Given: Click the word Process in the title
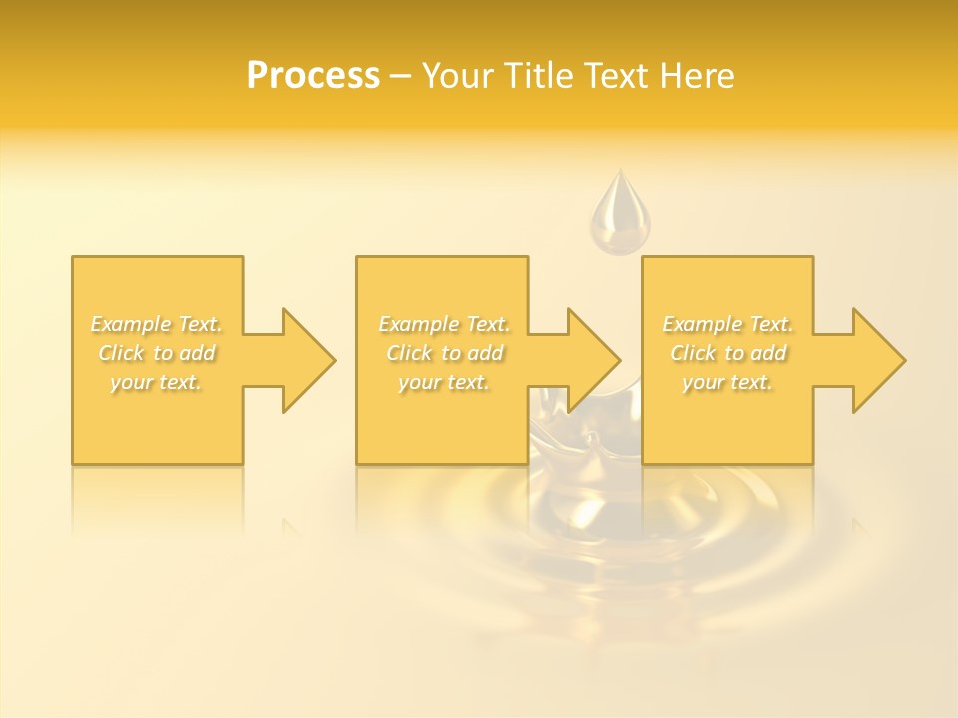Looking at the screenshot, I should (313, 75).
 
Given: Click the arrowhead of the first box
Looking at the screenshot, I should (304, 360).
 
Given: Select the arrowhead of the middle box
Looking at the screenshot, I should (590, 360).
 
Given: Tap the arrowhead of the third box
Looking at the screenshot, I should (875, 360).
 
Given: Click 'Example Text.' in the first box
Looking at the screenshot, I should (157, 324).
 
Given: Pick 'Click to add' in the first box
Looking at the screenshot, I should (157, 353).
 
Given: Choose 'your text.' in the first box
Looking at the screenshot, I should (157, 382).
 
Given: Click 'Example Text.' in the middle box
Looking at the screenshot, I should (444, 324).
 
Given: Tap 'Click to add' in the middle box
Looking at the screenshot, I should (444, 353).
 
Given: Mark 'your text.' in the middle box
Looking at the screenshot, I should (444, 382).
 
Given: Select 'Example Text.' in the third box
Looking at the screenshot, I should (727, 324).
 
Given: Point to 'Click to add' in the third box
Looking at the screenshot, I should (727, 353).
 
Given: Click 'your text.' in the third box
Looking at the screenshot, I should (727, 382).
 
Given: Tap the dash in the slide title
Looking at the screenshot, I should (401, 76).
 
